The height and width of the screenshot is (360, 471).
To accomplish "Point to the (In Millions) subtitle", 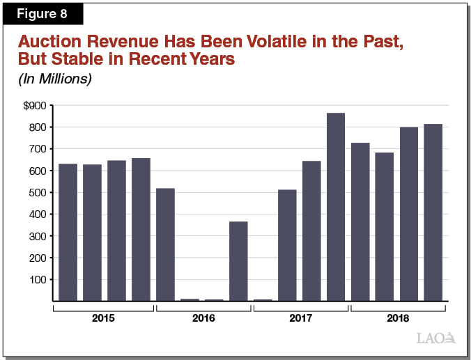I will point(54,79).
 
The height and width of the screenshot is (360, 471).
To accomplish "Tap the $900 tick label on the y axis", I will point(34,106).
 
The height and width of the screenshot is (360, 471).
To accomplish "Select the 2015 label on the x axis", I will point(104,318).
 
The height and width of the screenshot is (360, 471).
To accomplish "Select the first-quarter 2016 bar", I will point(165,244).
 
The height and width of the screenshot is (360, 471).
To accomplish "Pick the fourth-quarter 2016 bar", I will point(238,261).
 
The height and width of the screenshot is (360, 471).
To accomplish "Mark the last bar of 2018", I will point(433,212).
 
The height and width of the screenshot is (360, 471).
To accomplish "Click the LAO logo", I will point(435,338).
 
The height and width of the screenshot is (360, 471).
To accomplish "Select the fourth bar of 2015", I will point(141,229).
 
